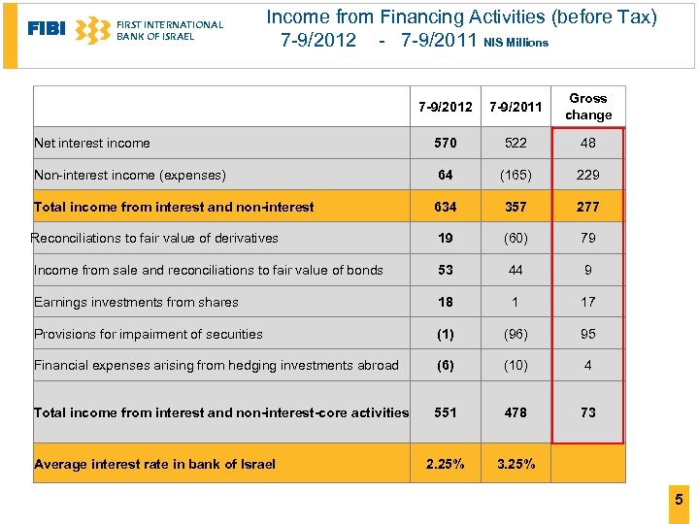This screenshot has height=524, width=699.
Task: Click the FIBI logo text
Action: (46, 29)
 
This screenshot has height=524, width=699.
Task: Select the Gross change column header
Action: (588, 107)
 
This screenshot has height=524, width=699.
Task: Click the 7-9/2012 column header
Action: (445, 107)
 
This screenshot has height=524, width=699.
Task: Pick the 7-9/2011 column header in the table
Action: (516, 107)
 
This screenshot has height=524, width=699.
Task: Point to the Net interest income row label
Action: (92, 144)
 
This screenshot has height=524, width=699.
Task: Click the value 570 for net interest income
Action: (446, 144)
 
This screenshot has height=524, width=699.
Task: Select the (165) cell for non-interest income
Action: (516, 176)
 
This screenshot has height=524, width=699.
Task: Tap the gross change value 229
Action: (588, 176)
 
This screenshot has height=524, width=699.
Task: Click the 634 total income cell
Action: (446, 207)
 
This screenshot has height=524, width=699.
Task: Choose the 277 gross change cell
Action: (588, 207)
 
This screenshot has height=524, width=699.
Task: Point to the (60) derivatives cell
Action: (516, 239)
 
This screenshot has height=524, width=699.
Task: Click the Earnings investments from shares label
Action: (136, 303)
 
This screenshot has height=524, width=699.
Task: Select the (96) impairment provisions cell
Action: (516, 334)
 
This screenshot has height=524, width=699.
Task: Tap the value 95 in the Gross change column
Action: (588, 334)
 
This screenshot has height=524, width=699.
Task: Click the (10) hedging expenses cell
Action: (516, 366)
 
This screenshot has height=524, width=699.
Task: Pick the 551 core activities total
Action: (446, 412)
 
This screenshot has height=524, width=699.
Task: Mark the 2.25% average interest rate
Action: (446, 464)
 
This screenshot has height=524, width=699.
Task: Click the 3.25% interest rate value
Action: (516, 464)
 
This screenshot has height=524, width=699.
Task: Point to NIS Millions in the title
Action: (516, 43)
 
